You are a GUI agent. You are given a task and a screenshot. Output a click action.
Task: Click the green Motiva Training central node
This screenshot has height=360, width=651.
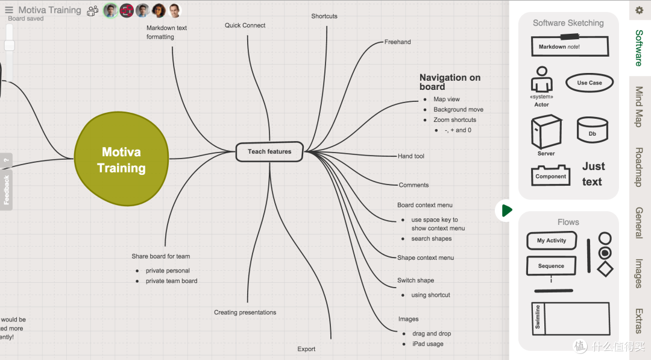point(121,160)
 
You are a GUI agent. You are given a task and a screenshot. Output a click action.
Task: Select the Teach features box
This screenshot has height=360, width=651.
point(269,152)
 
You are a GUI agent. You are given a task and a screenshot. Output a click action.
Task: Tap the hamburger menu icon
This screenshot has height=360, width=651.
point(9,10)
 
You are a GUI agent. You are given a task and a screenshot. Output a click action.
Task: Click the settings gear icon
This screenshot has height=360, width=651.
point(639,10)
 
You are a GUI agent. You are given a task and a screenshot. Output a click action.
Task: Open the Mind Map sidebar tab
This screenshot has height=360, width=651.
point(639,106)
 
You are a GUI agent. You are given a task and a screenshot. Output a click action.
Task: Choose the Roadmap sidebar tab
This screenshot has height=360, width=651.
point(639,166)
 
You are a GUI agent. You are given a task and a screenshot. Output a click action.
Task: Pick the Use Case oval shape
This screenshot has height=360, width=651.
point(589,83)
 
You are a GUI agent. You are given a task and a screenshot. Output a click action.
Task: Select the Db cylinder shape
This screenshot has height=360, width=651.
point(592,130)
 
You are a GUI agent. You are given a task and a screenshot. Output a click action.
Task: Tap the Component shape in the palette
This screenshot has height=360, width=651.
point(550,175)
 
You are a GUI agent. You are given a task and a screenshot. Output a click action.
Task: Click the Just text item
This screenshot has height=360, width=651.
point(593,174)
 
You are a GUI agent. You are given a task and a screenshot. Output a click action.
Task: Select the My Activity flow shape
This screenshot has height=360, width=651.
point(552,241)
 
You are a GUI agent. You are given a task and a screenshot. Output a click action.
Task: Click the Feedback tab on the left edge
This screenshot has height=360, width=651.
point(7,189)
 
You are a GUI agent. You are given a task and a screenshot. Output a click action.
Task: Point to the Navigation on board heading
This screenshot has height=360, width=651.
point(450,81)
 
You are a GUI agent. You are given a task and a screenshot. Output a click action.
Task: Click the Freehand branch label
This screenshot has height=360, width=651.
point(397,42)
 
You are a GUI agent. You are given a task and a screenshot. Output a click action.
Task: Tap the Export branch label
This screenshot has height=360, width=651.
point(306,349)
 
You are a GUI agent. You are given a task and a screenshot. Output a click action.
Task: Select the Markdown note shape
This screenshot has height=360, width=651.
point(569,46)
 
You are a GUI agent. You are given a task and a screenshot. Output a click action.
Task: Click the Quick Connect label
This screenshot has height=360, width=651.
point(245,25)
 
